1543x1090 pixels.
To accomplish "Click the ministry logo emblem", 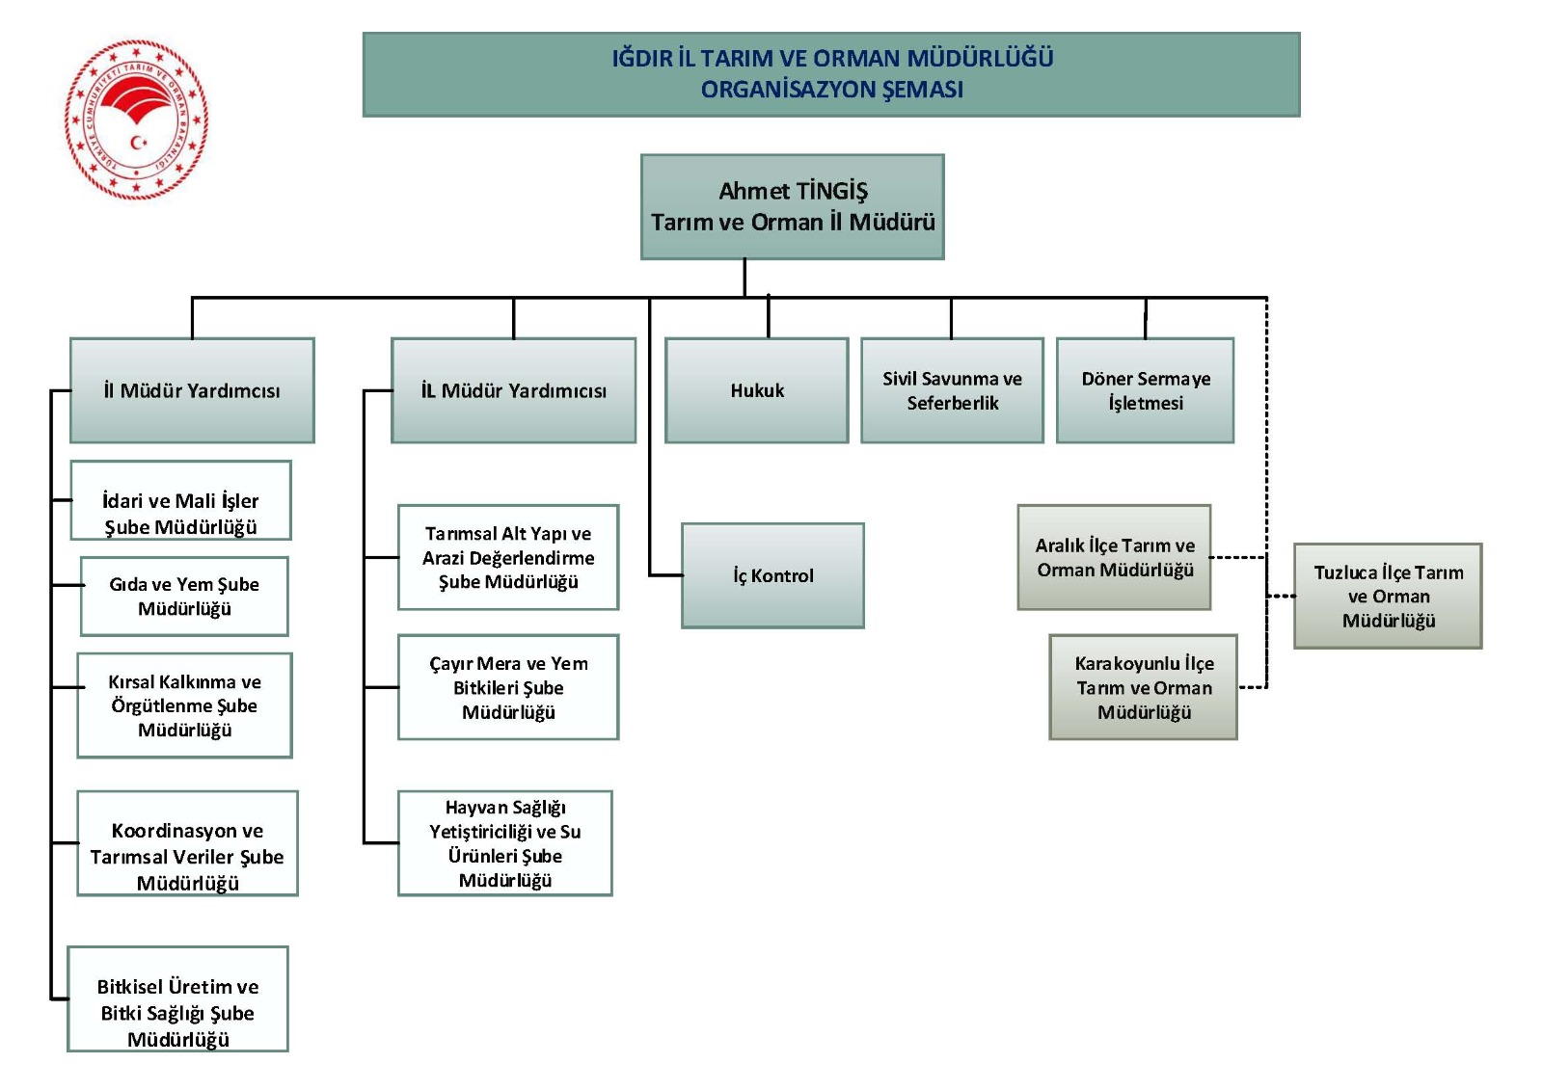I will pyautogui.click(x=136, y=120).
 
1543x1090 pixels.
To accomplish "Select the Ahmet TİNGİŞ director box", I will pyautogui.click(x=792, y=207).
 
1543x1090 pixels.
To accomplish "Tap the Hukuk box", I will pyautogui.click(x=757, y=390).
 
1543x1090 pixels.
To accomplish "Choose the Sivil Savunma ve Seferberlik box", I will pyautogui.click(x=952, y=390).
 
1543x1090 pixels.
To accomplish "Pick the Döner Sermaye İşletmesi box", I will pyautogui.click(x=1145, y=390).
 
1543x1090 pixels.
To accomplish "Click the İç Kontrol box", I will pyautogui.click(x=772, y=575).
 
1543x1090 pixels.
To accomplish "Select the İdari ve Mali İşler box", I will pyautogui.click(x=180, y=501).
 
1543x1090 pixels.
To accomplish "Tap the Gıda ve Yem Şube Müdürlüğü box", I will pyautogui.click(x=184, y=597).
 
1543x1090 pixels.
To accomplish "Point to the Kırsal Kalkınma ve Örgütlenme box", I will pyautogui.click(x=184, y=705).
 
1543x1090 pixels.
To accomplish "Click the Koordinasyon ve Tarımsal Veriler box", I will pyautogui.click(x=187, y=844).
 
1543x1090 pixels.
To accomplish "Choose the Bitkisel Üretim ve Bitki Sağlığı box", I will pyautogui.click(x=177, y=999).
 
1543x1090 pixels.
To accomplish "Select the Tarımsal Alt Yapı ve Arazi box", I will pyautogui.click(x=508, y=557).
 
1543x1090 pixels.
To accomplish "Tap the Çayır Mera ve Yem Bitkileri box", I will pyautogui.click(x=508, y=687).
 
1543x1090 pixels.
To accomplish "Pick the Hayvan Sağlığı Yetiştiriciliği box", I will pyautogui.click(x=504, y=843).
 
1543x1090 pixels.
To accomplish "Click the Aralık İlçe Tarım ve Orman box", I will pyautogui.click(x=1114, y=557).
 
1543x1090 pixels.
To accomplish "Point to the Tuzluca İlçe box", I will pyautogui.click(x=1388, y=596).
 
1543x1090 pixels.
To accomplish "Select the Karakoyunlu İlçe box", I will pyautogui.click(x=1143, y=687).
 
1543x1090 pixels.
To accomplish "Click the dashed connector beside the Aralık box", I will pyautogui.click(x=1237, y=557).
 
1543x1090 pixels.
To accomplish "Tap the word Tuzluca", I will pyautogui.click(x=1346, y=572).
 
